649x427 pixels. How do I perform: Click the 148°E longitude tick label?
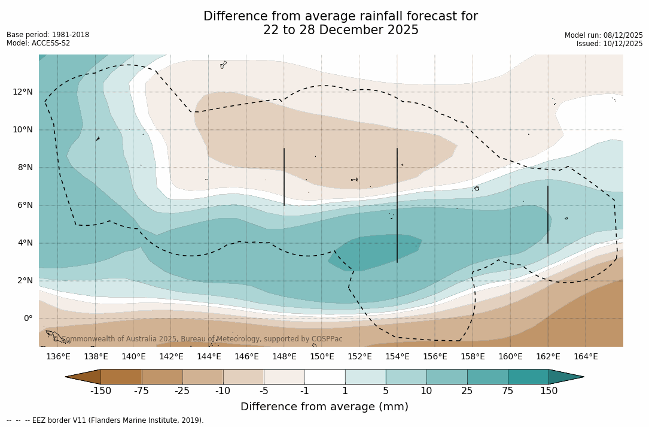point(284,357)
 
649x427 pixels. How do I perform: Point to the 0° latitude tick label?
point(28,319)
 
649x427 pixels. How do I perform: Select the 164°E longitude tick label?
point(586,357)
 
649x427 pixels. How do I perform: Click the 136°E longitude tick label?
point(58,357)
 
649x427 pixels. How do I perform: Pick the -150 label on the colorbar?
point(100,391)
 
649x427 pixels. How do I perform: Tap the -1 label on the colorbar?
point(304,391)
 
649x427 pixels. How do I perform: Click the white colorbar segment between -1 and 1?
point(325,377)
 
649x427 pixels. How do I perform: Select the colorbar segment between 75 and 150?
point(528,377)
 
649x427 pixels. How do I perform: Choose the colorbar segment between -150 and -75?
point(121,377)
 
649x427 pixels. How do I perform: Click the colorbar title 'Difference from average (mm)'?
point(324,407)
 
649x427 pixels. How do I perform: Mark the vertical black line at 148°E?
point(284,177)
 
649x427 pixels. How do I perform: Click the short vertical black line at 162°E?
point(548,214)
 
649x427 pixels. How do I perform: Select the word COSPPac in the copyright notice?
point(327,339)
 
